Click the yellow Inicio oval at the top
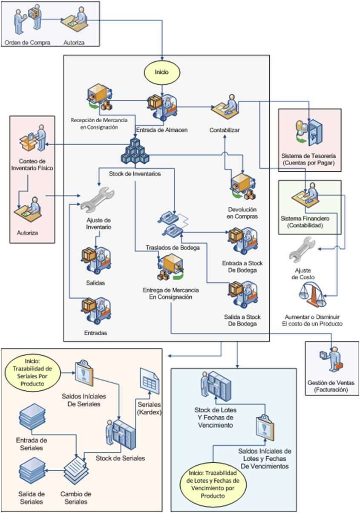click(162, 72)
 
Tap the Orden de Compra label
click(28, 43)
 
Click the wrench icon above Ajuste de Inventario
click(97, 200)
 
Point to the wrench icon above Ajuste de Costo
click(302, 249)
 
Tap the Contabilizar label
click(225, 130)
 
